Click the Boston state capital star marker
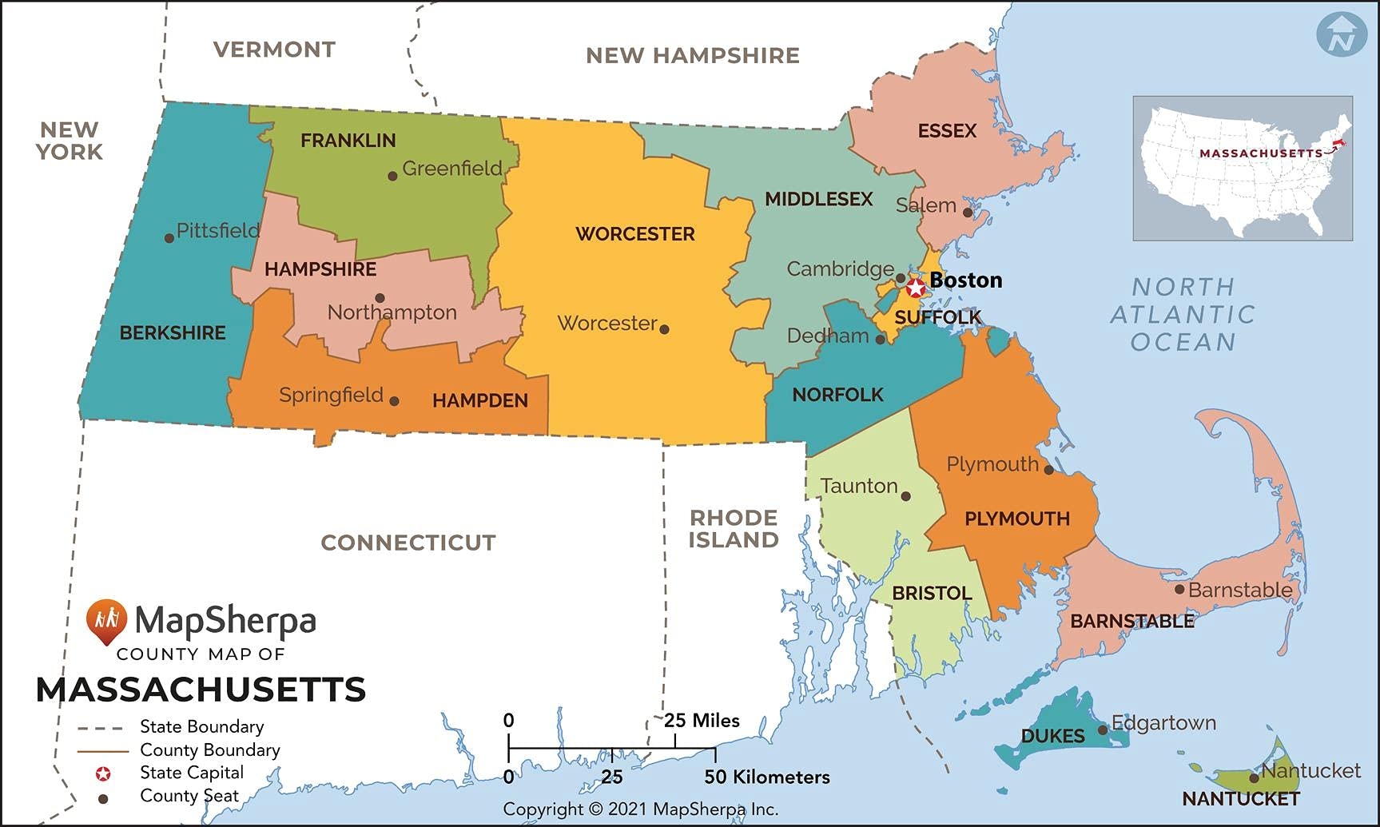(x=916, y=288)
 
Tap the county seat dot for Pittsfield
(x=169, y=238)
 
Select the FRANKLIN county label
(x=348, y=141)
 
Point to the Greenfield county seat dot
(x=392, y=176)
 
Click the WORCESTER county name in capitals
(x=635, y=234)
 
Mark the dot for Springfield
(x=394, y=401)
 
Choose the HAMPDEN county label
(x=480, y=400)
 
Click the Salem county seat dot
(x=968, y=213)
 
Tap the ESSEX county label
(x=947, y=131)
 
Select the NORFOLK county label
(x=837, y=395)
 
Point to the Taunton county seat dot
(x=905, y=496)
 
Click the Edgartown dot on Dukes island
(x=1103, y=730)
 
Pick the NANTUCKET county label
(x=1240, y=799)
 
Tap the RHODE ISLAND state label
(x=734, y=529)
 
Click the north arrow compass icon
(x=1341, y=34)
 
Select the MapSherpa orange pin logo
(x=106, y=621)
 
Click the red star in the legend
(x=103, y=773)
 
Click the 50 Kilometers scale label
(x=766, y=777)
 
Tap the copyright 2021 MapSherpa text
(x=640, y=809)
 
